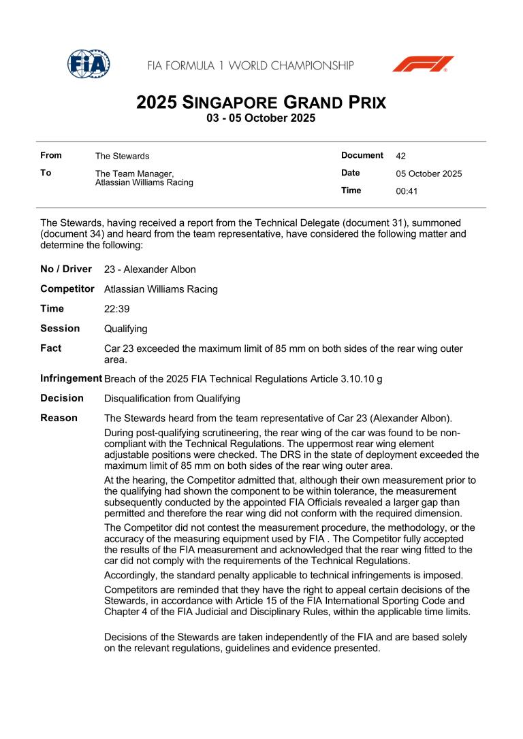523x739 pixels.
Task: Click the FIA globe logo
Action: point(89,65)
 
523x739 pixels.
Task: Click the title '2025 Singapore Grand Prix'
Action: point(261,103)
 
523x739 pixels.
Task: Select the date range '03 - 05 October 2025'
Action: point(261,118)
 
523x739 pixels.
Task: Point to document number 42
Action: point(400,156)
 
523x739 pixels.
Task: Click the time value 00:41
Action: point(407,191)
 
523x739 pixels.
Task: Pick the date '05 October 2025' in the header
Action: point(428,174)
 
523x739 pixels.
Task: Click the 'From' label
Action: point(51,155)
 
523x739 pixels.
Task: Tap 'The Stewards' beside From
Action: point(122,156)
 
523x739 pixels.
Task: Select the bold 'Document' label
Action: point(362,155)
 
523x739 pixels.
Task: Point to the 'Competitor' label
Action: point(67,289)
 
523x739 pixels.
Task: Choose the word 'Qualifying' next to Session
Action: point(126,329)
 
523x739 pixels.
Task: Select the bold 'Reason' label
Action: point(59,418)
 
